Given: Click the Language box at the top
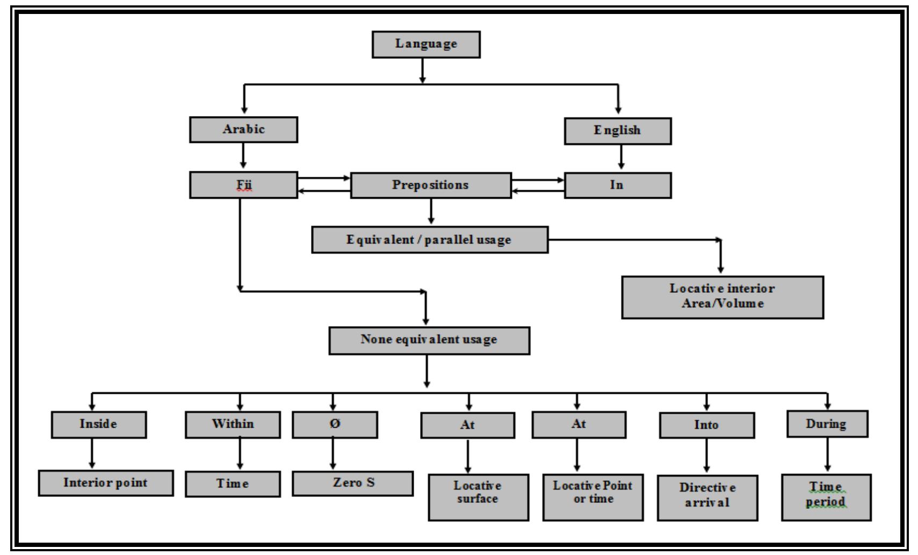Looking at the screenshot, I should click(426, 44).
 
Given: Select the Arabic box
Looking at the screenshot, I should click(243, 130).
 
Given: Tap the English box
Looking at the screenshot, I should click(617, 131).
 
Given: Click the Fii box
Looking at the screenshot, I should click(243, 185).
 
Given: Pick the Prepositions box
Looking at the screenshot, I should click(430, 185).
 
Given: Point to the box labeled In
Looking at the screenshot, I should click(617, 185).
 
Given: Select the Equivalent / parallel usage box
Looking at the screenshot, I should click(430, 240).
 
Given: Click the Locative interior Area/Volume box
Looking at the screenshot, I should click(722, 297).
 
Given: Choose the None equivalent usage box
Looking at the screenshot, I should click(429, 340).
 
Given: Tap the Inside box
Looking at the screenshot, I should click(99, 424).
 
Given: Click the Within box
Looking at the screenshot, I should click(233, 424).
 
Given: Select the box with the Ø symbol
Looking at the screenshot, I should click(335, 424).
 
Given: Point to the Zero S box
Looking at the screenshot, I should click(352, 483).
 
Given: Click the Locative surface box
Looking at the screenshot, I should click(478, 497).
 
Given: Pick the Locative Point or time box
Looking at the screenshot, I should click(592, 497).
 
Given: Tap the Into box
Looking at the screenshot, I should click(706, 426).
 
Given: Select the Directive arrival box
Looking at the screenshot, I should click(707, 498).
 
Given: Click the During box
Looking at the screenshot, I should click(827, 424).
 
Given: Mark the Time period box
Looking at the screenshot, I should click(826, 497).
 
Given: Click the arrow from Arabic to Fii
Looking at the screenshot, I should click(243, 157).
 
